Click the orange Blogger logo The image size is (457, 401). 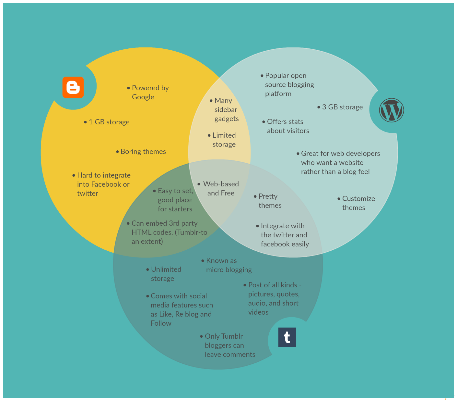(73, 87)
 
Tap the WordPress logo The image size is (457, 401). (392, 110)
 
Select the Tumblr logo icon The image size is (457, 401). (287, 337)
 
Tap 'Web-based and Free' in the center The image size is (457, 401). (221, 188)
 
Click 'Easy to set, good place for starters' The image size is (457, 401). (175, 200)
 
